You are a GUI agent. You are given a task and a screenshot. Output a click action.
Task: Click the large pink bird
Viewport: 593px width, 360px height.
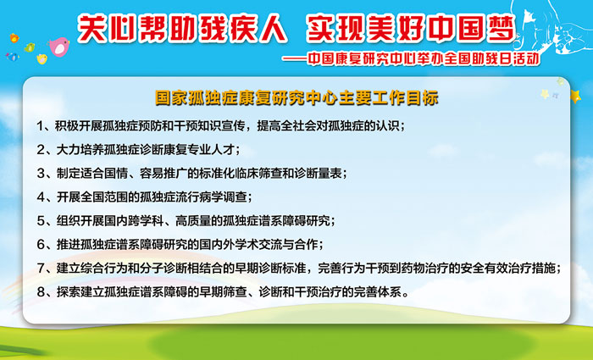[x=59, y=47]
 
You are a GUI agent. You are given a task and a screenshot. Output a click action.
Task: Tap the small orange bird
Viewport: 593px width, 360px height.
[x=14, y=38]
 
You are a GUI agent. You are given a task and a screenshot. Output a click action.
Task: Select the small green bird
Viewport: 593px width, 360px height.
[x=30, y=47]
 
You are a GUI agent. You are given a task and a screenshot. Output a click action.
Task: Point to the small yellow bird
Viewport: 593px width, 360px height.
[x=42, y=58]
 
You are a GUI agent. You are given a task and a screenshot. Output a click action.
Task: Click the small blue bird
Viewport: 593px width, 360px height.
[x=13, y=57]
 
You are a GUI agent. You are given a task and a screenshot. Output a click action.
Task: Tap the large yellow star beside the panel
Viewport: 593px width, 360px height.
[x=575, y=96]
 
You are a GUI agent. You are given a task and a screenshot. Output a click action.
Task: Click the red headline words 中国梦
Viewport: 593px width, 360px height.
[x=472, y=28]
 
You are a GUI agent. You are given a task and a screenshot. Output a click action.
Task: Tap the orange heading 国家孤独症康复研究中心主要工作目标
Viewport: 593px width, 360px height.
[x=296, y=97]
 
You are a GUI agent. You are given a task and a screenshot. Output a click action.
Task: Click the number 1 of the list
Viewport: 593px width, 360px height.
[x=40, y=126]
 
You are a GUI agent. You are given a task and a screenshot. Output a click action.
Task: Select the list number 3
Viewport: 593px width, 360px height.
[x=41, y=173]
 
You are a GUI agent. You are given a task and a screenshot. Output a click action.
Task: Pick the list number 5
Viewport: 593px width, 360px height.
[x=41, y=220]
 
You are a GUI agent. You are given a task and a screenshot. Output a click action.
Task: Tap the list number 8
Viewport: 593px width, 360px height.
[x=41, y=292]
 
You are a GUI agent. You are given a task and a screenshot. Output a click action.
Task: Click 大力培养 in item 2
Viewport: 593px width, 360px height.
[x=80, y=150]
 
